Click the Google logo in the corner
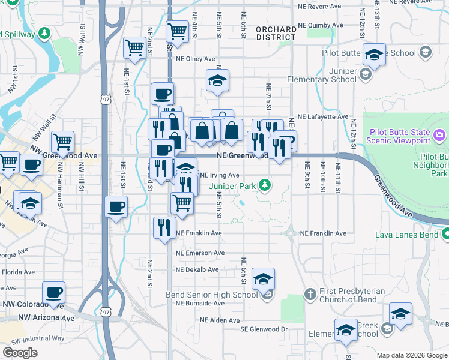[20, 353]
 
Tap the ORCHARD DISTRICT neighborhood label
[276, 33]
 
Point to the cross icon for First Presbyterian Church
[310, 294]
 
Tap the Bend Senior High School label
[211, 295]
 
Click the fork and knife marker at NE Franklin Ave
[163, 228]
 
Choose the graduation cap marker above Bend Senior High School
[263, 278]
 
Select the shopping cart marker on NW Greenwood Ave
[62, 142]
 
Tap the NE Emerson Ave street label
[200, 253]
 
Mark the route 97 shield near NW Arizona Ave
[106, 312]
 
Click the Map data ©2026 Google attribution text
[411, 355]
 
